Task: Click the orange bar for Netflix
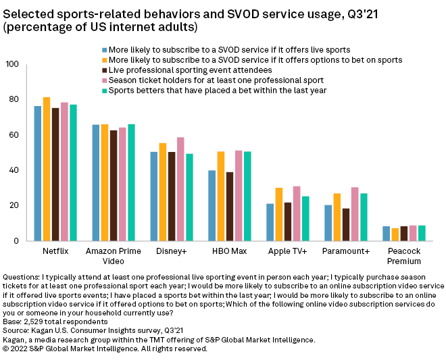tap(47, 169)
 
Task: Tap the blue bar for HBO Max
tap(212, 205)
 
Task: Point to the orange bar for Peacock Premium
tap(395, 234)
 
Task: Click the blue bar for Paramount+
tap(328, 222)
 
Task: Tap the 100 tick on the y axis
tap(11, 64)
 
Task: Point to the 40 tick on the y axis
tap(14, 170)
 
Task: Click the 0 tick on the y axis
tap(16, 241)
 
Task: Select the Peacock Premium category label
tap(404, 255)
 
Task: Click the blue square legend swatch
tap(105, 50)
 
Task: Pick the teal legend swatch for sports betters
tap(105, 90)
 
